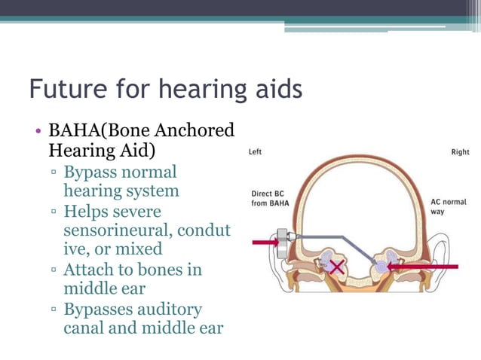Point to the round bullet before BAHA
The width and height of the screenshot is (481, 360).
click(38, 130)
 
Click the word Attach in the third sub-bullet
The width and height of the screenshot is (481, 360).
click(89, 269)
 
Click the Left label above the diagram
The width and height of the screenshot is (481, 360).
click(256, 152)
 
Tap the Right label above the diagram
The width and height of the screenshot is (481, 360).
click(459, 152)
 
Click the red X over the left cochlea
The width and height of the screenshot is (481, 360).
click(335, 267)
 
